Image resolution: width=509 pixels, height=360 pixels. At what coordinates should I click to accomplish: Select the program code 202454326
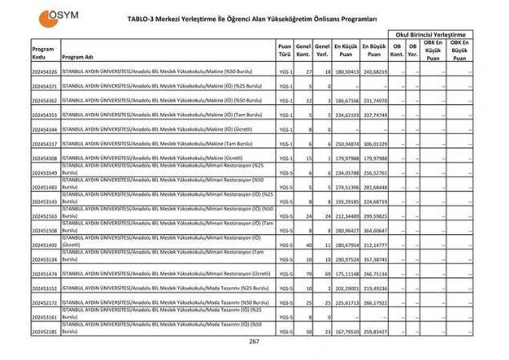(x=45, y=71)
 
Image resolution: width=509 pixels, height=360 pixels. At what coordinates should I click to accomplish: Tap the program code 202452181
(x=45, y=331)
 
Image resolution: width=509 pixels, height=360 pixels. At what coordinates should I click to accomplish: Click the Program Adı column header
(x=79, y=57)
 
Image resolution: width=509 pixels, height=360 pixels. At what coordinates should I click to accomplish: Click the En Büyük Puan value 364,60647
(x=374, y=230)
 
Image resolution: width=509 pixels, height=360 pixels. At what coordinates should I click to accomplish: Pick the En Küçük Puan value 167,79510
(x=345, y=331)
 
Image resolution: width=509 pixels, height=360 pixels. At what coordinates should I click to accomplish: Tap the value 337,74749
(x=374, y=115)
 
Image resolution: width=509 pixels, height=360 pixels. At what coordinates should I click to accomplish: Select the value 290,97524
(x=345, y=259)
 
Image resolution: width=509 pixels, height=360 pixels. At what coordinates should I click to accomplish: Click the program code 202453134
(x=45, y=259)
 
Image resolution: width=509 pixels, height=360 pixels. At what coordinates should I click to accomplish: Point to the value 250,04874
(x=345, y=144)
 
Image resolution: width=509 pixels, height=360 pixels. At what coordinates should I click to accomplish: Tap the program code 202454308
(x=45, y=158)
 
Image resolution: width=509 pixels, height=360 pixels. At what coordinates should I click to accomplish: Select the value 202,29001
(x=345, y=288)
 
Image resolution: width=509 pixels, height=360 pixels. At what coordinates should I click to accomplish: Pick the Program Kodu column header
(x=43, y=53)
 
